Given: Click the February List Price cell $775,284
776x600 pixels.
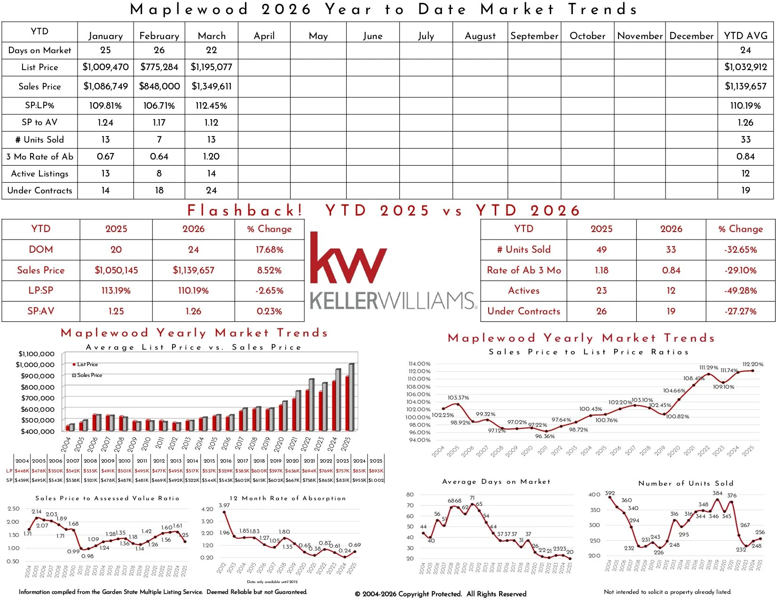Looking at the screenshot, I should (x=159, y=67).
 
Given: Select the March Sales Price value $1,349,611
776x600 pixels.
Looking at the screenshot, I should (x=211, y=86).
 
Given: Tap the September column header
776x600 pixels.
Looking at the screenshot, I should (x=534, y=36).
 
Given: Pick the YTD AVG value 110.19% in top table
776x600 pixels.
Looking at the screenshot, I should (x=745, y=105).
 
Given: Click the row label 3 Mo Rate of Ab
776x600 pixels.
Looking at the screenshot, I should (x=40, y=156).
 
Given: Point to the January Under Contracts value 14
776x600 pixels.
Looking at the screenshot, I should (x=105, y=190).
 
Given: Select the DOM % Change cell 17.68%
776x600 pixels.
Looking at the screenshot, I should (x=269, y=249).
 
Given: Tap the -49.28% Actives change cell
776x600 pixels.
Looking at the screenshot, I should (x=740, y=290).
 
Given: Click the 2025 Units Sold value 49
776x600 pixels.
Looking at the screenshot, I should (x=601, y=249).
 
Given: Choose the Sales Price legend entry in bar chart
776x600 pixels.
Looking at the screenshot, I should (x=89, y=375).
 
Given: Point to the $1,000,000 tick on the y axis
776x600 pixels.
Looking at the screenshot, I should (x=35, y=365).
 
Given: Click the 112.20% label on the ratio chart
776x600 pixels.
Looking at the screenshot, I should (x=752, y=364).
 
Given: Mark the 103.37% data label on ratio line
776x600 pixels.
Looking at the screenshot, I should (x=458, y=398).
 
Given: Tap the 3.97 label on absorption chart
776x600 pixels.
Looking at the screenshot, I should (x=224, y=505).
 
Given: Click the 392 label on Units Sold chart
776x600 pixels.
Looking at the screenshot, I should (x=610, y=493).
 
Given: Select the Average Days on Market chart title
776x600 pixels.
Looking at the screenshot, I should (x=496, y=481).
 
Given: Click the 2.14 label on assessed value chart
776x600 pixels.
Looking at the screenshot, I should (x=37, y=512).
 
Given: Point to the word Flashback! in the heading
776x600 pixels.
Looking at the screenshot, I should (x=245, y=210).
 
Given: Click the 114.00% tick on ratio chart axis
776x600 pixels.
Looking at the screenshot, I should (x=419, y=364).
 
